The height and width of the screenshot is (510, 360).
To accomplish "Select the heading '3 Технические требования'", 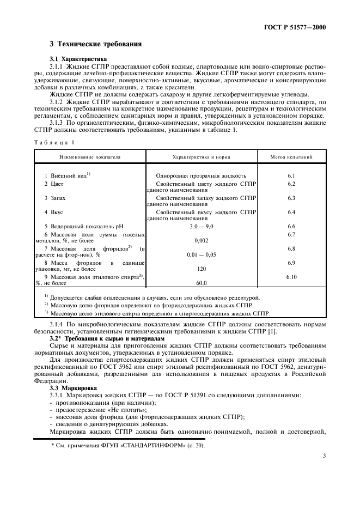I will [x=96, y=44].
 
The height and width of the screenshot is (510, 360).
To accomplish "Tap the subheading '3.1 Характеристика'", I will [x=77, y=58].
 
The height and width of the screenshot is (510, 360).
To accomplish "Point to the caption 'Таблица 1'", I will [x=53, y=143].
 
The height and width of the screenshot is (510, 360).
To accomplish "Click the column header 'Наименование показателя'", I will [x=90, y=157].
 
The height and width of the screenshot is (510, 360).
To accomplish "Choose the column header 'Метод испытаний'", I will [x=291, y=157].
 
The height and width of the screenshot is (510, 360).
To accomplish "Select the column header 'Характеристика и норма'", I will [x=201, y=157].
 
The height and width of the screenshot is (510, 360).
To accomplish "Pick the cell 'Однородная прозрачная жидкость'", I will [x=201, y=176].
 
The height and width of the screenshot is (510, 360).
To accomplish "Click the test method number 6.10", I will [x=291, y=277].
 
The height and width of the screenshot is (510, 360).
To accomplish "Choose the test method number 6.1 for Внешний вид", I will [x=291, y=176].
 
